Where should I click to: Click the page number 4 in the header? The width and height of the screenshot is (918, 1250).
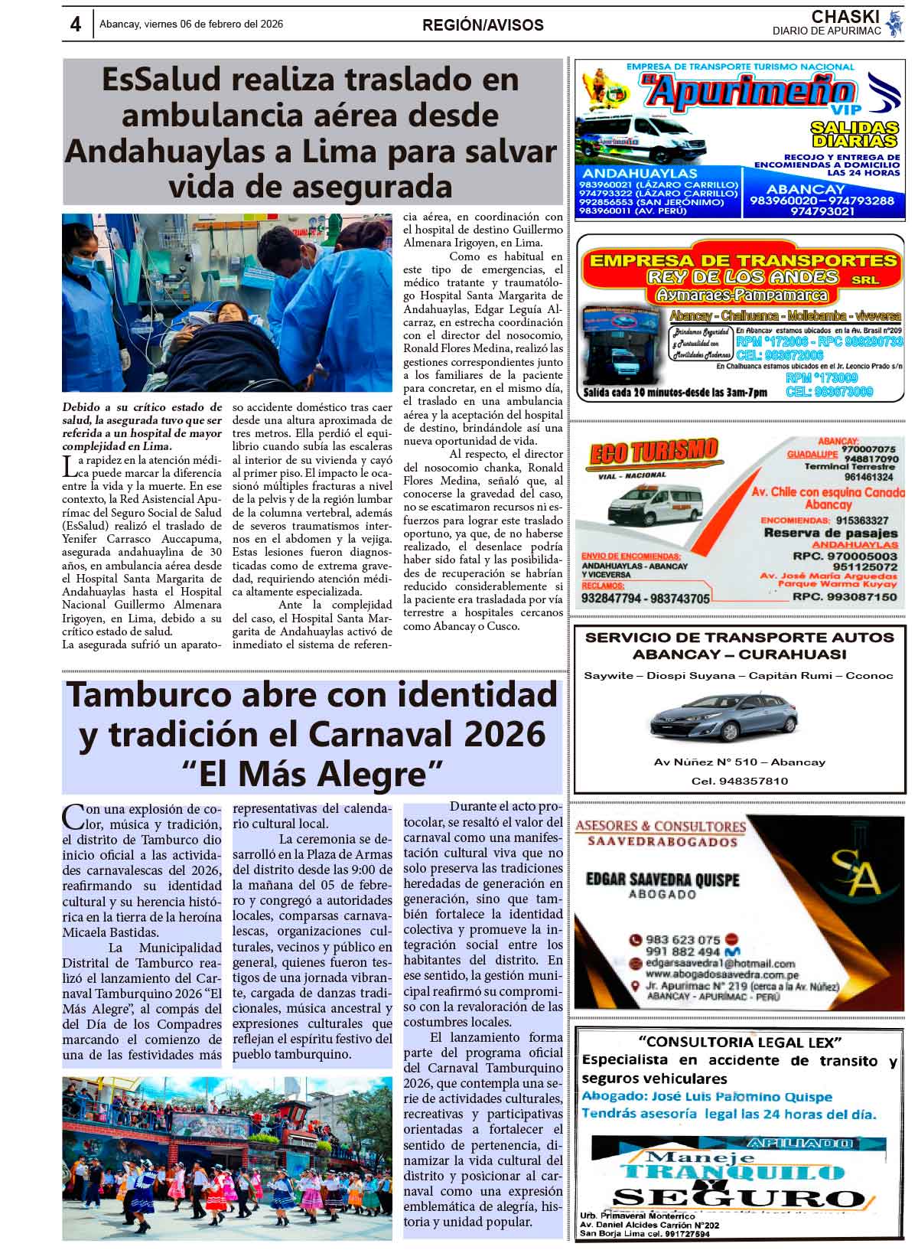75,24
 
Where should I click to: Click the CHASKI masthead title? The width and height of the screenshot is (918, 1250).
845,17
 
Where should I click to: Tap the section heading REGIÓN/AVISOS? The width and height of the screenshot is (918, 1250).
483,25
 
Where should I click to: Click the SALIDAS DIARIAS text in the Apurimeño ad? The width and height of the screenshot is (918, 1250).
854,134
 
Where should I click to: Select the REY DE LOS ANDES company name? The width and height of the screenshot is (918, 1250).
742,276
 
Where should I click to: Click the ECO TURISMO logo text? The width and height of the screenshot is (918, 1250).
654,452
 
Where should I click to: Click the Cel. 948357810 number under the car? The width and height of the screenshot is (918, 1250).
739,781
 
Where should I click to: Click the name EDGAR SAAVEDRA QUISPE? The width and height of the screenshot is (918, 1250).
662,880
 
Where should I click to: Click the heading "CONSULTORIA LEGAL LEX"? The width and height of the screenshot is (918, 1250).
739,1042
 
